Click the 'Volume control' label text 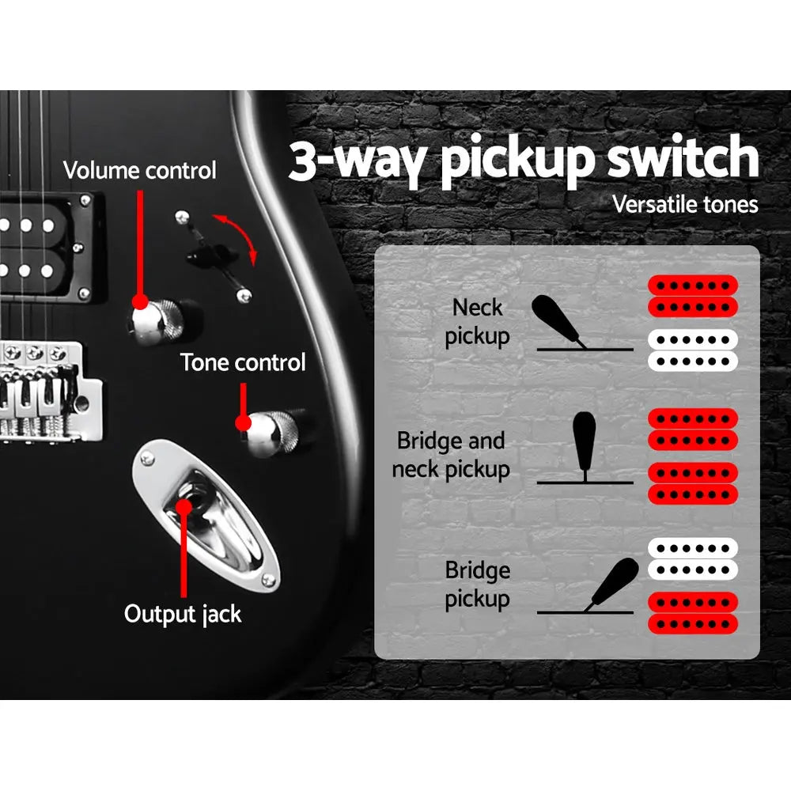point(139,170)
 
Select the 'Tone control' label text point(243,363)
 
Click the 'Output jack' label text point(183,613)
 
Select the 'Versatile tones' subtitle point(685,204)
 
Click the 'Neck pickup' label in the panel point(477,322)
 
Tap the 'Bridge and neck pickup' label point(450,455)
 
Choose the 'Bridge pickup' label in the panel point(477,585)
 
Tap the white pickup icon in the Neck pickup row point(693,350)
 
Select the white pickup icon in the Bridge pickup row point(693,558)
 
